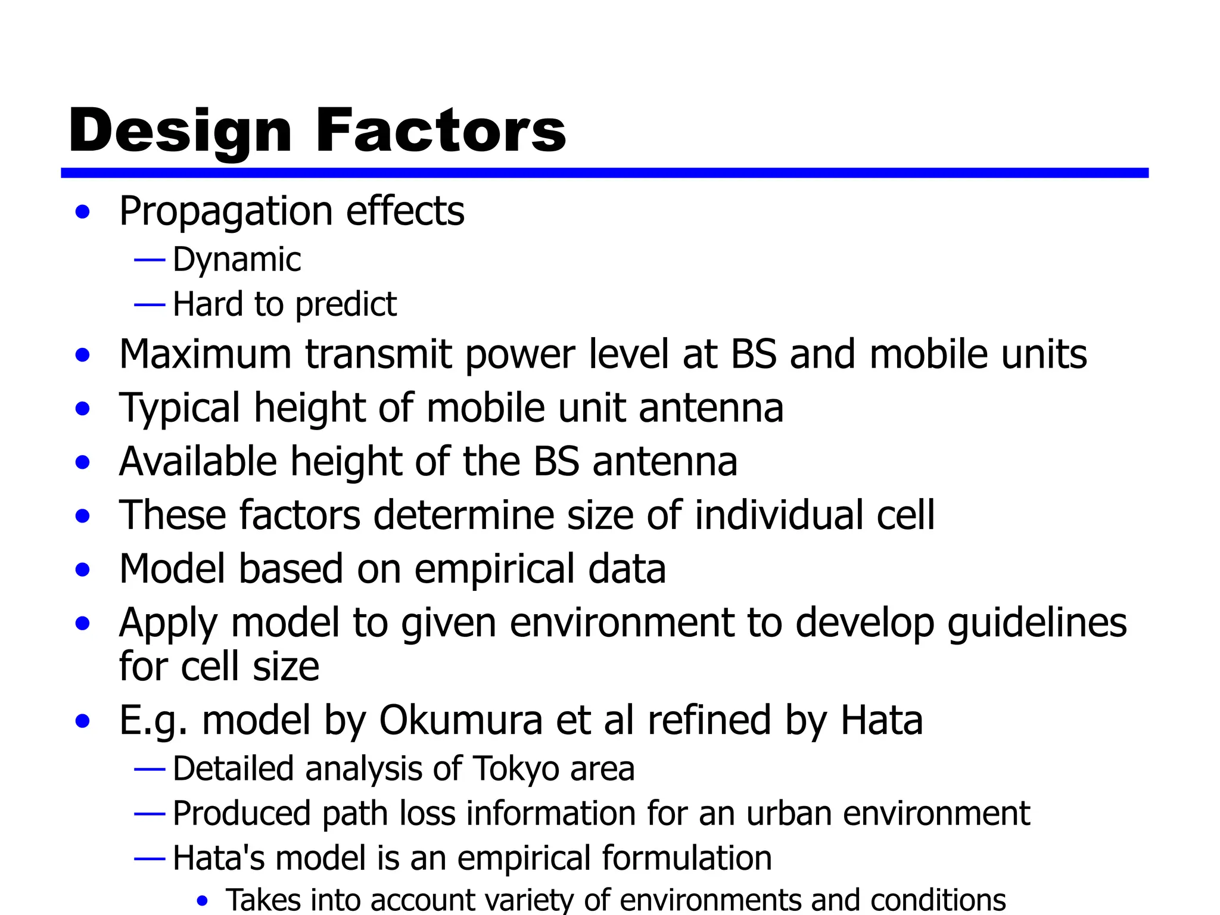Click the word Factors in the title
(x=441, y=131)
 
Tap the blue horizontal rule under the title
(x=604, y=173)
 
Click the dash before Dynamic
(x=150, y=260)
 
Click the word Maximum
(x=205, y=354)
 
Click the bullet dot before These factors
(x=83, y=516)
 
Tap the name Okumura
(x=460, y=721)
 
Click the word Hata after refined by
(x=881, y=721)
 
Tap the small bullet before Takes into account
(x=203, y=901)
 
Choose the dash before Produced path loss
(x=150, y=814)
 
